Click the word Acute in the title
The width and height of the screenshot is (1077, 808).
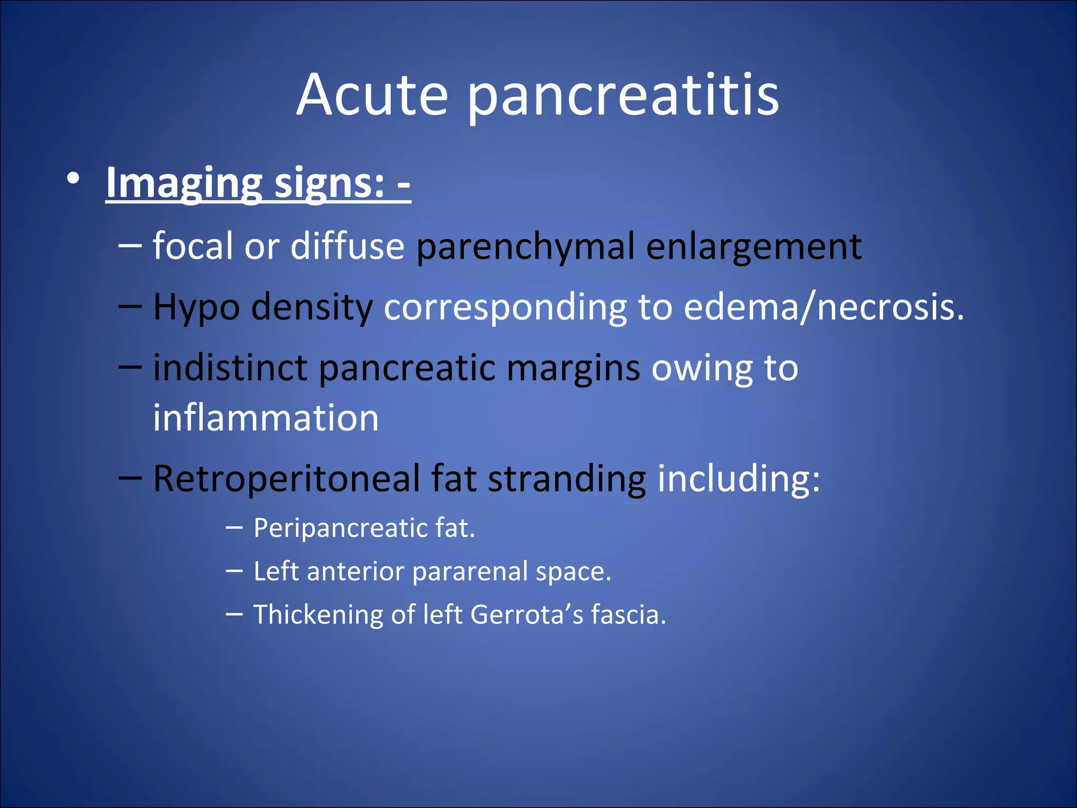pyautogui.click(x=372, y=96)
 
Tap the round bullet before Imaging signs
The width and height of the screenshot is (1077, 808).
pyautogui.click(x=74, y=179)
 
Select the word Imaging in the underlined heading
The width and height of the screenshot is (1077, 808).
pyautogui.click(x=184, y=183)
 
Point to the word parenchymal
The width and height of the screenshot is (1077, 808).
pyautogui.click(x=526, y=246)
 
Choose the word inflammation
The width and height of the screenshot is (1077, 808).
pyautogui.click(x=266, y=418)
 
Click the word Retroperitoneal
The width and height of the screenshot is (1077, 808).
pyautogui.click(x=287, y=479)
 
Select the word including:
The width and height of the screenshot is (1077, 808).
pyautogui.click(x=739, y=479)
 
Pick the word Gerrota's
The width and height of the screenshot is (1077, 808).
pyautogui.click(x=526, y=614)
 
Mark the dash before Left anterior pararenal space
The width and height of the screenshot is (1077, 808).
pyautogui.click(x=234, y=570)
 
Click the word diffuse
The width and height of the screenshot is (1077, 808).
pyautogui.click(x=347, y=246)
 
